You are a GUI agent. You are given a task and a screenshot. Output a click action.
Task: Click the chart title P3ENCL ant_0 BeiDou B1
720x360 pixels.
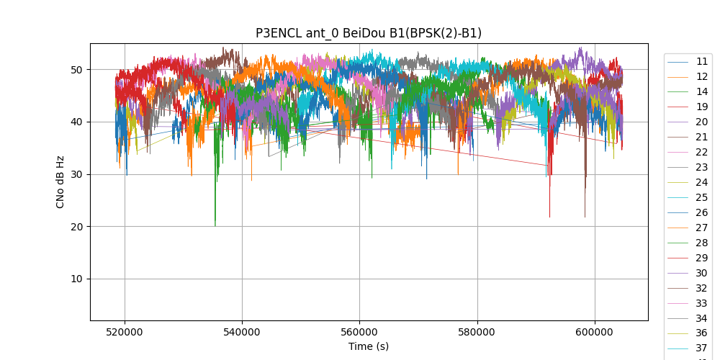click(x=369, y=33)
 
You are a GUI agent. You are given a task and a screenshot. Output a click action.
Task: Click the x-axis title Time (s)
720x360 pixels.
click(x=369, y=346)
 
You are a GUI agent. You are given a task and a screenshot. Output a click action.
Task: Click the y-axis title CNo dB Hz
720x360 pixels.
click(x=60, y=182)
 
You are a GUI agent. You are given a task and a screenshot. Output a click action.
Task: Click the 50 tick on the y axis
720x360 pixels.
click(x=76, y=70)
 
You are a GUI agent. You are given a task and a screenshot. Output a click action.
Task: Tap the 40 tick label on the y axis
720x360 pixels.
click(x=76, y=122)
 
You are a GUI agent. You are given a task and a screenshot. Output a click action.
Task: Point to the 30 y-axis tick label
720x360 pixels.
click(x=76, y=174)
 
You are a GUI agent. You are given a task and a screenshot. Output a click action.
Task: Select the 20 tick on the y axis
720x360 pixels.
click(x=76, y=227)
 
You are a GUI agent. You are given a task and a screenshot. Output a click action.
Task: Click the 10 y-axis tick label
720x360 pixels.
click(x=76, y=279)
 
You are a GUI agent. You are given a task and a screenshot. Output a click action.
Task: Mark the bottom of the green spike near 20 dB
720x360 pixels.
click(x=215, y=225)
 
